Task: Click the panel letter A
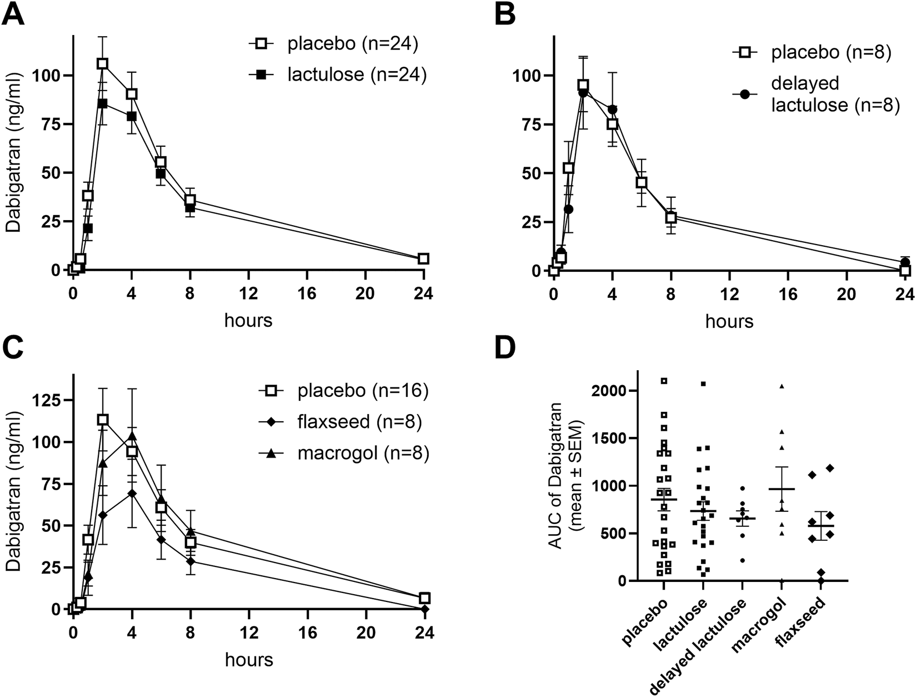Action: [13, 14]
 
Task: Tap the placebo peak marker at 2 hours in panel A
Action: [102, 64]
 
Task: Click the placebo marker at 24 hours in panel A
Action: [424, 258]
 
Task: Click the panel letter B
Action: [504, 14]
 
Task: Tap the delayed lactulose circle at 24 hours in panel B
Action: [905, 262]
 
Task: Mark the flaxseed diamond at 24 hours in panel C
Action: [425, 609]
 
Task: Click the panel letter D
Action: [505, 347]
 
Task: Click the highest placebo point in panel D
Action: [663, 381]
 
